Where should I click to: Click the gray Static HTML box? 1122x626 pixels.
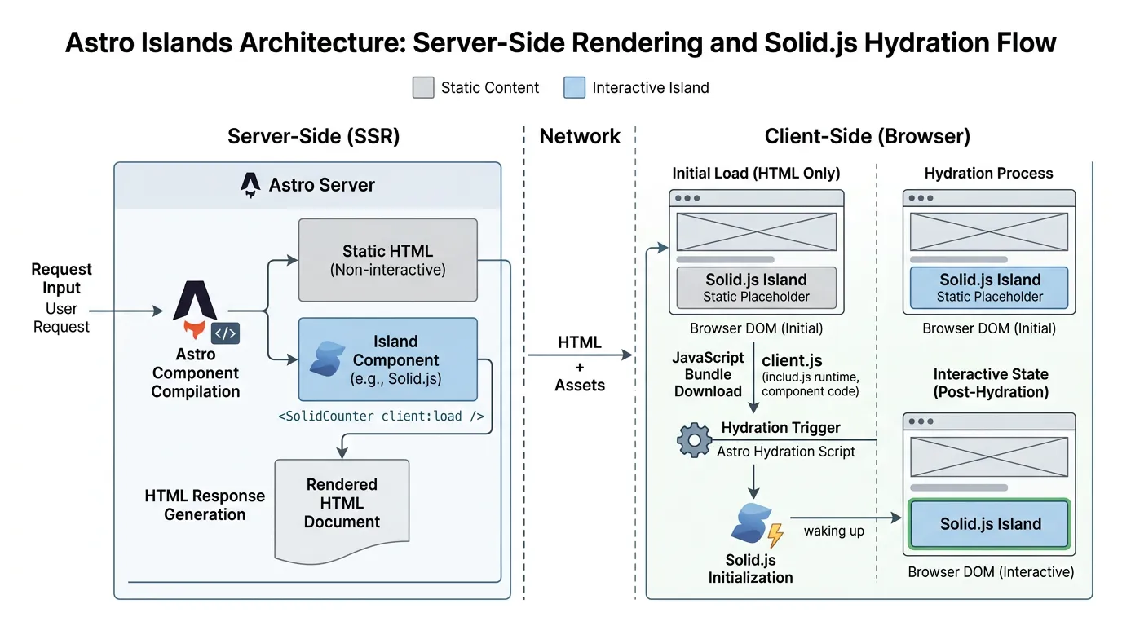pyautogui.click(x=387, y=260)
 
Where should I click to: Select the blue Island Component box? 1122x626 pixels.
pyautogui.click(x=387, y=359)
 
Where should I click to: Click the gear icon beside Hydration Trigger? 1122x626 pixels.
pyautogui.click(x=694, y=440)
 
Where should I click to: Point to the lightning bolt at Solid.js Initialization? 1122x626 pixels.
pyautogui.click(x=775, y=535)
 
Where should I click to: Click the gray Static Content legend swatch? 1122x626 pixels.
pyautogui.click(x=423, y=88)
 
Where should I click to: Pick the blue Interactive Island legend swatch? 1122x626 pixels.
pyautogui.click(x=574, y=88)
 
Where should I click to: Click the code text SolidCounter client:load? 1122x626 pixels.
pyautogui.click(x=381, y=416)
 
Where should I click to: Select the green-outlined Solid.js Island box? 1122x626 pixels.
pyautogui.click(x=989, y=524)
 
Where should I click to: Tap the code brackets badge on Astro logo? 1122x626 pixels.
pyautogui.click(x=225, y=333)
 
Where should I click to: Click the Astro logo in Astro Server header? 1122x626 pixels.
pyautogui.click(x=250, y=185)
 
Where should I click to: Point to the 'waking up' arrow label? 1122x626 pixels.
pyautogui.click(x=833, y=531)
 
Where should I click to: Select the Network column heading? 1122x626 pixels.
pyautogui.click(x=580, y=136)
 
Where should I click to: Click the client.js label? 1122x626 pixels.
pyautogui.click(x=792, y=360)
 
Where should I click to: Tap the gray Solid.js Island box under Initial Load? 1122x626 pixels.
pyautogui.click(x=756, y=288)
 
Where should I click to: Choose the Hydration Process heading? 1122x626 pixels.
pyautogui.click(x=988, y=173)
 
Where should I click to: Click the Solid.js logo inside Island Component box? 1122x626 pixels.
pyautogui.click(x=327, y=359)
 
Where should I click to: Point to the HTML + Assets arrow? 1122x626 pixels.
pyautogui.click(x=580, y=355)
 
